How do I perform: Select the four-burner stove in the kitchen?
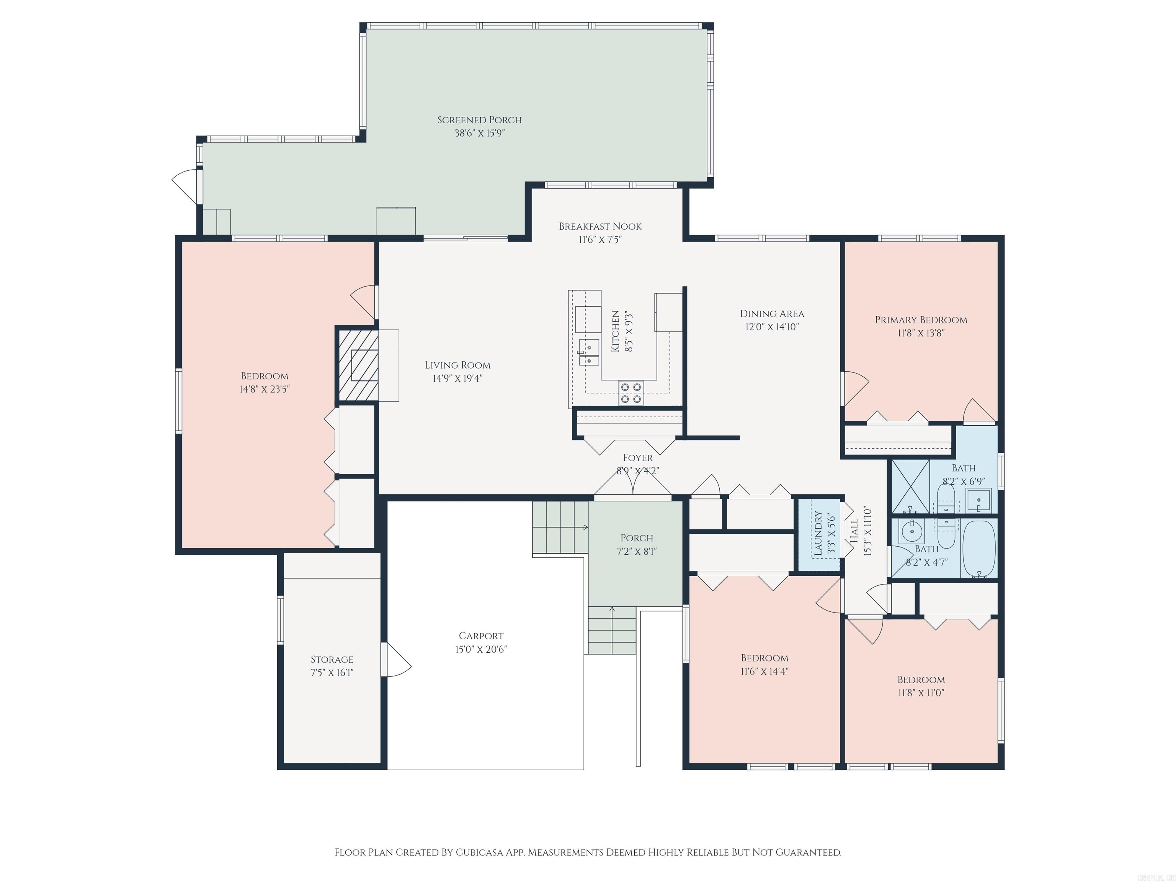630,393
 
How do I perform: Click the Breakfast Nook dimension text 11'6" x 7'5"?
600,240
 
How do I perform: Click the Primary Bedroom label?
921,320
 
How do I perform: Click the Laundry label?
818,533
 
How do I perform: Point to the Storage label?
332,659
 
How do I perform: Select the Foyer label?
637,458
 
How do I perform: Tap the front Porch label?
636,538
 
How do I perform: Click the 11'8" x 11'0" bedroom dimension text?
921,693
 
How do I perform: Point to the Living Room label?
457,365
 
